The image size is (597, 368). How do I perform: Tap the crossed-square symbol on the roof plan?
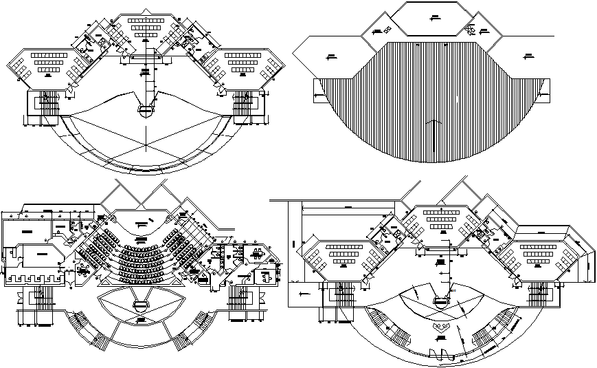point(387,29)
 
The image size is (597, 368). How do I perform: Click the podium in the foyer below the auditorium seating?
point(142,303)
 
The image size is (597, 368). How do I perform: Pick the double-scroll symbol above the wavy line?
point(440,328)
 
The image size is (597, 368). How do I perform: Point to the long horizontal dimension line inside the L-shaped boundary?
point(347,206)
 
